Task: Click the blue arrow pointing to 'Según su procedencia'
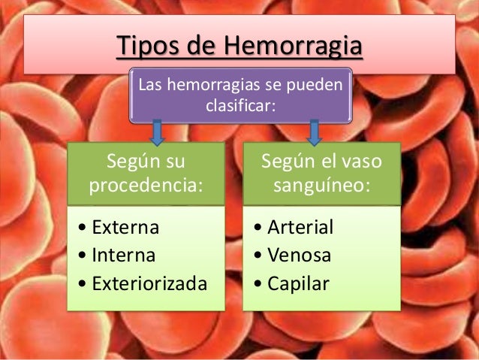tap(157, 132)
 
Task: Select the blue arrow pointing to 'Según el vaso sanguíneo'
tap(315, 132)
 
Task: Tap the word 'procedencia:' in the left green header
tap(146, 185)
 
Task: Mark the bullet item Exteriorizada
tap(147, 283)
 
